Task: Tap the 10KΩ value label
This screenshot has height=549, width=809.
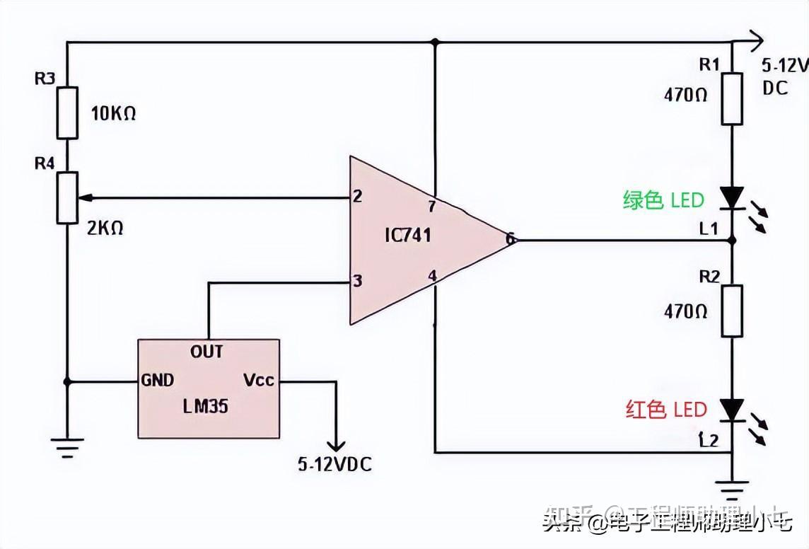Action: (x=113, y=113)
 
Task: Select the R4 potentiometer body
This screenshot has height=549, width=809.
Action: (x=67, y=197)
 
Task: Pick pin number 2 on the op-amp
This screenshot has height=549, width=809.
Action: (x=358, y=197)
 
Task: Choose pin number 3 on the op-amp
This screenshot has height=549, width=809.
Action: (x=358, y=282)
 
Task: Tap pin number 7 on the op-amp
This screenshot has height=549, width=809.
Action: (x=433, y=206)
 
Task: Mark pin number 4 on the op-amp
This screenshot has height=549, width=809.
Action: (x=432, y=275)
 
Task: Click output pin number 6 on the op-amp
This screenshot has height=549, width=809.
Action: (x=509, y=240)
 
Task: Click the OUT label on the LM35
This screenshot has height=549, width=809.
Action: (x=206, y=352)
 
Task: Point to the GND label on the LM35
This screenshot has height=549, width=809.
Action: (x=157, y=381)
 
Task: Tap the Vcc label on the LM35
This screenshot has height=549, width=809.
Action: (x=259, y=380)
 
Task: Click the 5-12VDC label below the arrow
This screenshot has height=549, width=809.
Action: (x=334, y=465)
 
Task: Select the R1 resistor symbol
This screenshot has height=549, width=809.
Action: (x=732, y=98)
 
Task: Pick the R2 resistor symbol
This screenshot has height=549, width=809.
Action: (x=732, y=311)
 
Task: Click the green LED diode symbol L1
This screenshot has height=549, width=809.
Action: (x=732, y=197)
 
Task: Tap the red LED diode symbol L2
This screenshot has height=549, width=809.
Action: (x=732, y=410)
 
